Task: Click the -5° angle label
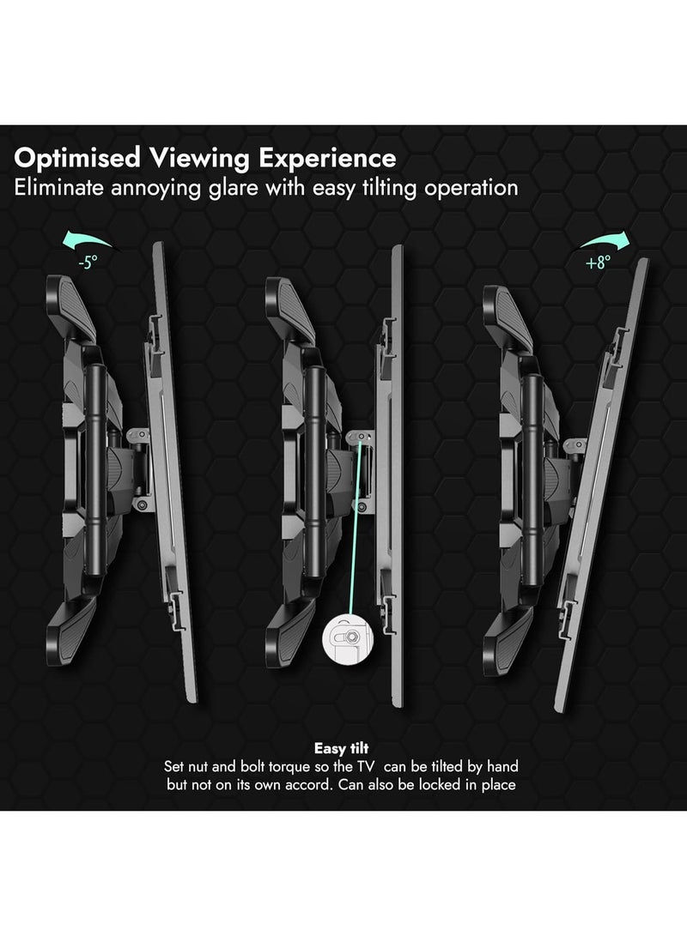click(x=88, y=263)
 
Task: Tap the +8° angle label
click(x=598, y=262)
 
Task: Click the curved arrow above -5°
click(x=87, y=241)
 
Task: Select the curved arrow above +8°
click(x=605, y=242)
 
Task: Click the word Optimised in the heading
click(x=77, y=159)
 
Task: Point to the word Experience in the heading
click(x=327, y=159)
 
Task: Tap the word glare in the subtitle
click(x=234, y=188)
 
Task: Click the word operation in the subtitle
click(x=471, y=188)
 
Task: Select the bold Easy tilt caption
click(x=341, y=749)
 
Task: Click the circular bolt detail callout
click(x=348, y=638)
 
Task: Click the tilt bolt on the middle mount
click(x=361, y=437)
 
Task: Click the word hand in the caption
click(x=502, y=766)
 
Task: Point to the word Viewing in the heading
click(x=199, y=159)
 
